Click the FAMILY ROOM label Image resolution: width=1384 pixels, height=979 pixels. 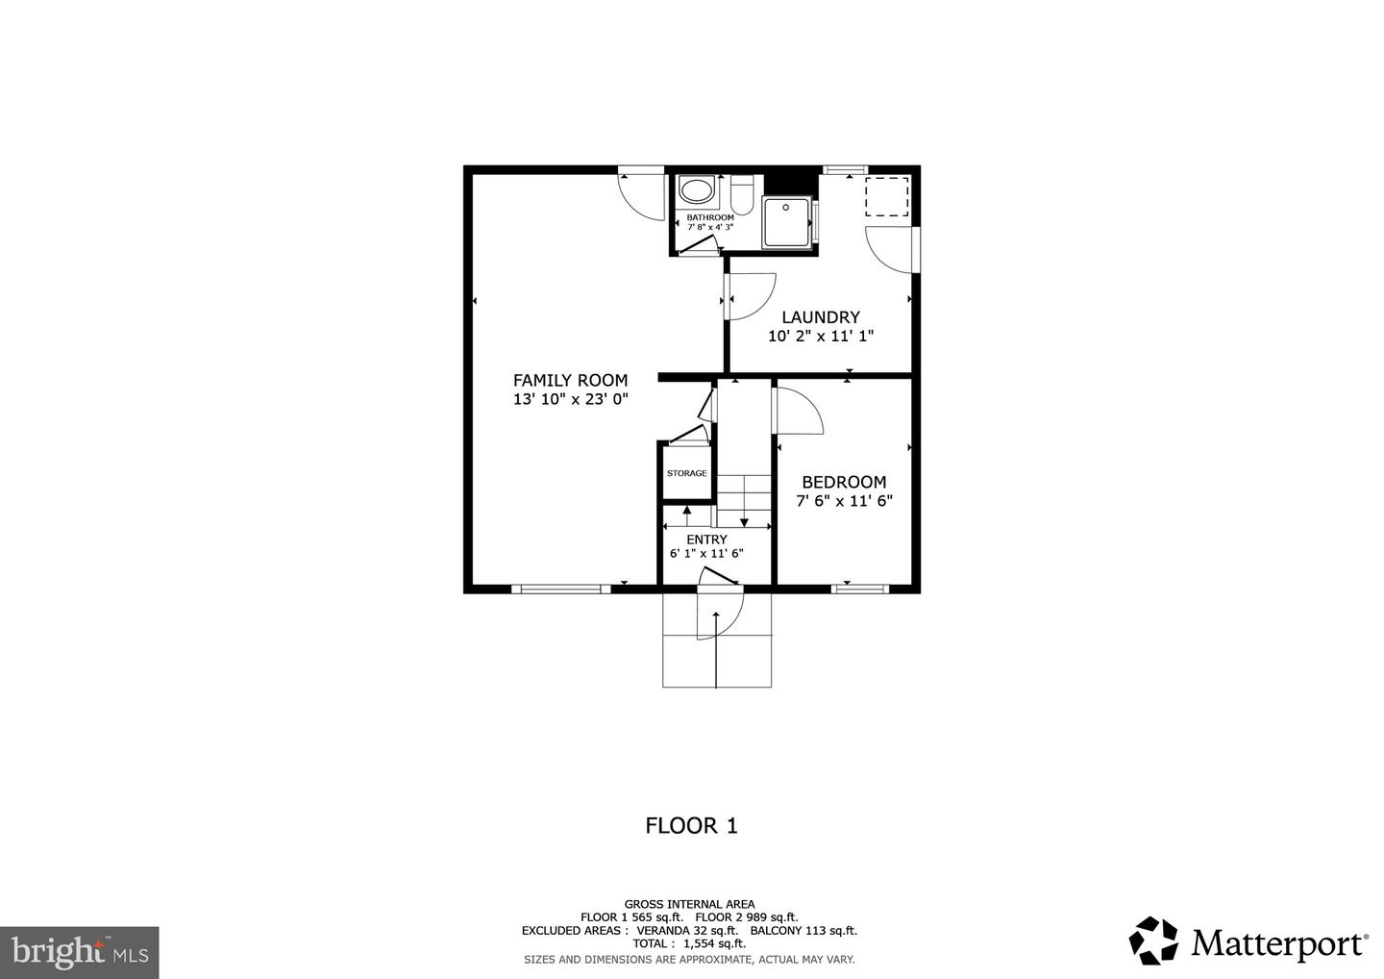pos(570,380)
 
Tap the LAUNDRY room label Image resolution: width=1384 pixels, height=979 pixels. pos(820,316)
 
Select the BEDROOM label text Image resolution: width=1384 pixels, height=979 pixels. pos(844,482)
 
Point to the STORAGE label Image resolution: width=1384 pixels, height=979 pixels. pos(686,473)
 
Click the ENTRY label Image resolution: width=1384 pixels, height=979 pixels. pos(706,540)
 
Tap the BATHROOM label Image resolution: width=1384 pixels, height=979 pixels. pos(709,217)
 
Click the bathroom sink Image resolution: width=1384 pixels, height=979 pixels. pos(695,189)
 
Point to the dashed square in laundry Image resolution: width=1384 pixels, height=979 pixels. pos(886,196)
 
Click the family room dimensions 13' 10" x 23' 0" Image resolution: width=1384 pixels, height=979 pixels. pos(570,399)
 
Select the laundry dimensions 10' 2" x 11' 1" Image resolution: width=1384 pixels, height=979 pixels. pos(820,337)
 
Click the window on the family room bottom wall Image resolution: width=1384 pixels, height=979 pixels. pos(560,589)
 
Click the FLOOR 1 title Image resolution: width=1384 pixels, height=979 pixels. pos(691,825)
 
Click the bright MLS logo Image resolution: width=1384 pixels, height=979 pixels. pos(79,952)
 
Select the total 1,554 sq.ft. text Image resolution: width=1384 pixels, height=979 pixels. pos(689,944)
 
